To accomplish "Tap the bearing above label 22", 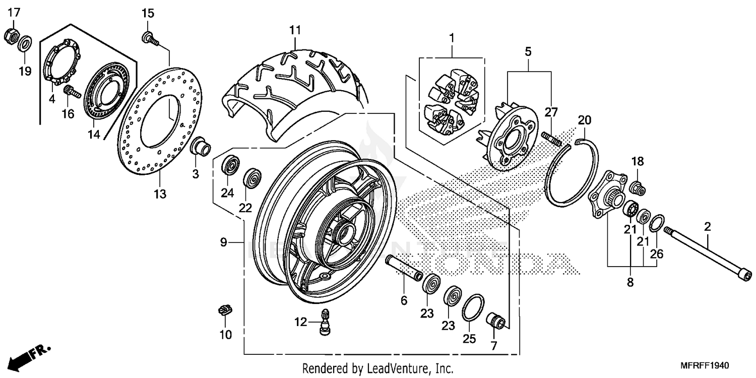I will click(x=251, y=178).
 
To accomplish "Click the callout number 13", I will click(x=160, y=194).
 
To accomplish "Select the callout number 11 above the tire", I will click(x=295, y=30).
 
